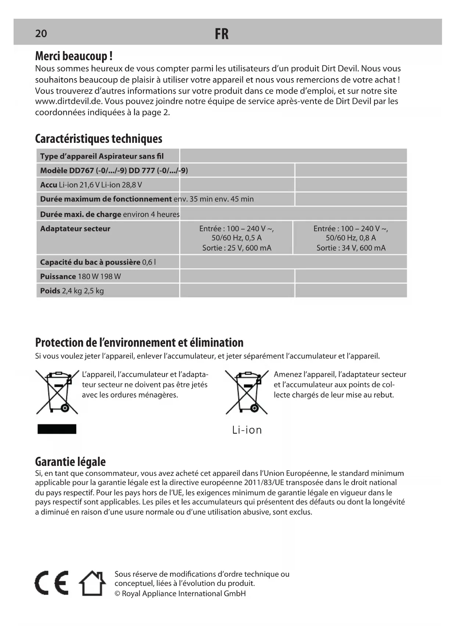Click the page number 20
41,34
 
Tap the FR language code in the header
222,34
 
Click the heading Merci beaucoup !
73,56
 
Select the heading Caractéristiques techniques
98,139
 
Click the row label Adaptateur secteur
75,229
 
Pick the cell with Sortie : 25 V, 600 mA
237,248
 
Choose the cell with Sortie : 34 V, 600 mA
351,248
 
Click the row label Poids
50,291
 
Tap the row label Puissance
58,276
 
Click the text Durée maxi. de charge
80,214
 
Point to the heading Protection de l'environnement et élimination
139,343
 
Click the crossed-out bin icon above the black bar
57,392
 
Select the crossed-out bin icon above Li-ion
247,392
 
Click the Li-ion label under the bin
247,430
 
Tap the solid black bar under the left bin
57,429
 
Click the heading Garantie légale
70,462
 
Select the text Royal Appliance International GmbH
184,594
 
